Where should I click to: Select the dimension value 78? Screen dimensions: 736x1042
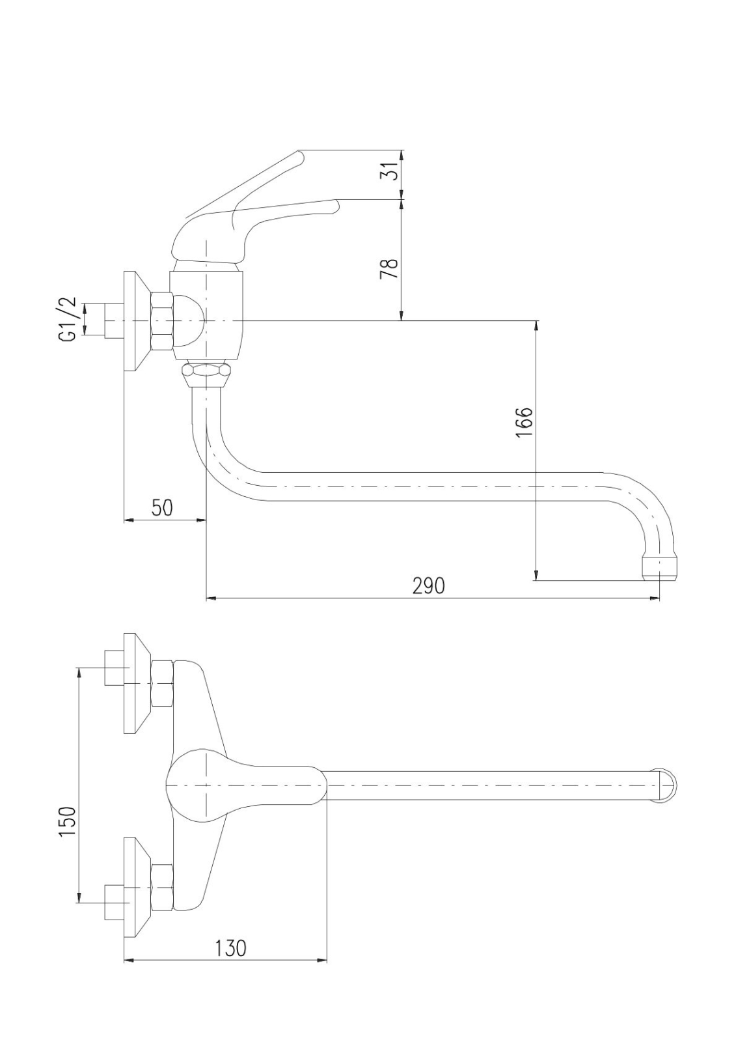point(390,269)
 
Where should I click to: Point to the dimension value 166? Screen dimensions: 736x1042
point(524,423)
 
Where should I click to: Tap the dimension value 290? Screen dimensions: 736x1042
point(429,586)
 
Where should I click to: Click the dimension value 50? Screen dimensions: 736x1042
point(162,507)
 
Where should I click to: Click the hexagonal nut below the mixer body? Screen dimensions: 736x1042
point(206,374)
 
